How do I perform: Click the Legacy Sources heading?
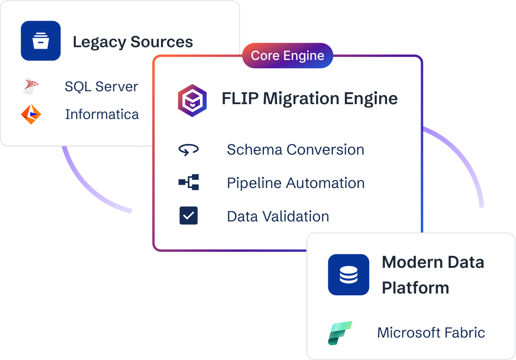point(133,42)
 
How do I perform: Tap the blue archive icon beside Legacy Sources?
point(41,41)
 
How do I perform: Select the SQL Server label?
point(101,87)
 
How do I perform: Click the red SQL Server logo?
point(31,87)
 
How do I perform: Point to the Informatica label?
point(102,114)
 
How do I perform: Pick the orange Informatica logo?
point(31,114)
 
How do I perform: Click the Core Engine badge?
point(288,56)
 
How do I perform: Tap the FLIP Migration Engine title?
point(310,99)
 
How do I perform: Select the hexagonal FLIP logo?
point(192,100)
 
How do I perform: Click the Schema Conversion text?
point(295,150)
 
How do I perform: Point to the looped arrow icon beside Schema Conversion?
point(189,150)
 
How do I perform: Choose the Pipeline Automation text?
point(296,183)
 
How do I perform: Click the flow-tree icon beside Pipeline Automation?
point(189,183)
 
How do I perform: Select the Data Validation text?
point(278,216)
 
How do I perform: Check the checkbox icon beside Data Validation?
point(189,216)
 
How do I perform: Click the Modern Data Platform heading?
point(433,275)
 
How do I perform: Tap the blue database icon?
point(349,275)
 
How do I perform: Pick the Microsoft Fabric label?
point(431,332)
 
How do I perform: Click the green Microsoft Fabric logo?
point(340,333)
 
